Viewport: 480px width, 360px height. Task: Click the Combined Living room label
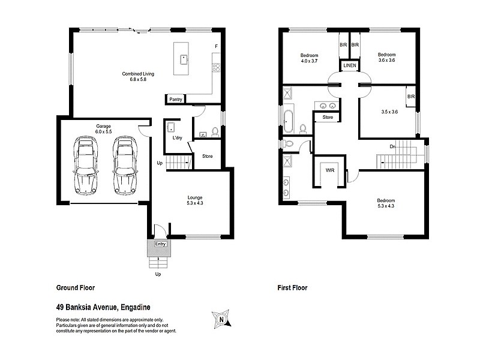click(x=138, y=77)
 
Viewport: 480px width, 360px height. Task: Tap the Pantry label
click(x=176, y=99)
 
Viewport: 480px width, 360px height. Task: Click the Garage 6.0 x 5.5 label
click(x=103, y=129)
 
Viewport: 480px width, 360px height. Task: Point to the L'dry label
click(x=177, y=139)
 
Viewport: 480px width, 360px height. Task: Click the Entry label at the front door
click(x=160, y=244)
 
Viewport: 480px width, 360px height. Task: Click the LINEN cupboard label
click(x=350, y=65)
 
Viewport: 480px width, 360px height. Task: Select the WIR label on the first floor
click(x=329, y=170)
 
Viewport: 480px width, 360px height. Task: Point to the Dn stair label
click(x=392, y=146)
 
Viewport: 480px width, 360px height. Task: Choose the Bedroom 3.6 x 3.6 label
click(x=387, y=57)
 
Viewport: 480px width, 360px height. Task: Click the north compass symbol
click(x=221, y=319)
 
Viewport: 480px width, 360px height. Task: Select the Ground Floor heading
click(x=75, y=288)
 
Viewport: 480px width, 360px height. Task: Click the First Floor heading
click(x=292, y=288)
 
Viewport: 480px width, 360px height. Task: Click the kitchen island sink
click(x=185, y=59)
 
